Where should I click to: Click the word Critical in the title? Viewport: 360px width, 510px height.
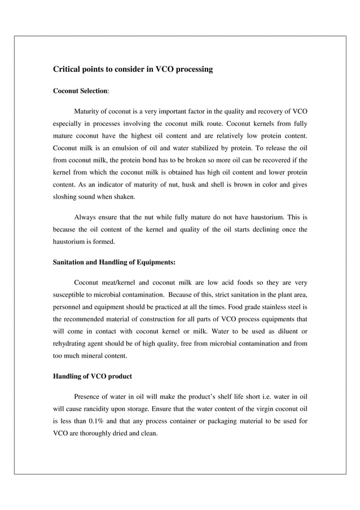coord(67,69)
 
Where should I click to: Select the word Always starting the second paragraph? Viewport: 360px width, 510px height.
coord(87,217)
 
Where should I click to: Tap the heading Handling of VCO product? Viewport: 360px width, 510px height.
coord(92,377)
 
